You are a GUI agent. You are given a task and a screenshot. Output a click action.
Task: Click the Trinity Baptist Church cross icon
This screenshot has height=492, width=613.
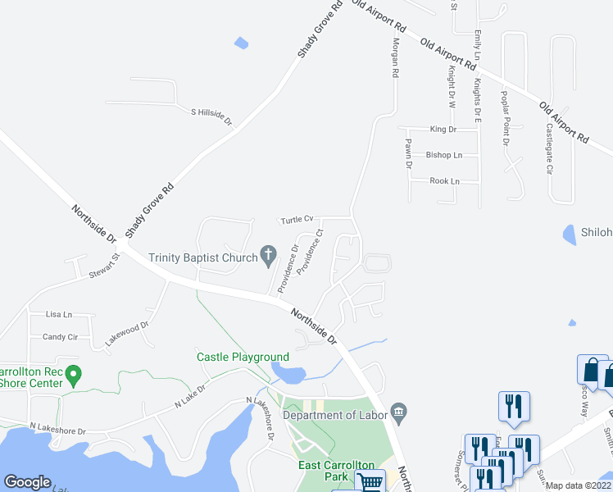[x=268, y=257]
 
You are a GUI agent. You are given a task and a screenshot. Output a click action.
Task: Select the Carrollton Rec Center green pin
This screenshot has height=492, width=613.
[x=74, y=376]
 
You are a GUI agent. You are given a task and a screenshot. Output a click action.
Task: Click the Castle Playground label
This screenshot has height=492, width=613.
[x=243, y=357]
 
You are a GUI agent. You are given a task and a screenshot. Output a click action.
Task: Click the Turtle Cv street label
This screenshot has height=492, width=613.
[x=297, y=220]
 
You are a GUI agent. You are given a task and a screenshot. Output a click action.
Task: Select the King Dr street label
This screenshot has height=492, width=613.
[x=443, y=130]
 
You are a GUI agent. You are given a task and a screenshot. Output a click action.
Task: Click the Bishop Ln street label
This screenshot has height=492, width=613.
[x=443, y=155]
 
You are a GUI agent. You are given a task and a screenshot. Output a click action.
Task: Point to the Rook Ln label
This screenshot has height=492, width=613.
[x=444, y=181]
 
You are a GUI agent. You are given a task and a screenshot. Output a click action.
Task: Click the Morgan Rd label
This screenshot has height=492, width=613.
[x=395, y=58]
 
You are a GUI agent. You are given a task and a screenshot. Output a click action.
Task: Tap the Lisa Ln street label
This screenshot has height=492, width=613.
[x=59, y=314]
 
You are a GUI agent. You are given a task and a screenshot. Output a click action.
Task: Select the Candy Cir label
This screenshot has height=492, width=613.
[x=60, y=337]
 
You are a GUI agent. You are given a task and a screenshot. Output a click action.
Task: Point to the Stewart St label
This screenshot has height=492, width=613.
[x=105, y=267]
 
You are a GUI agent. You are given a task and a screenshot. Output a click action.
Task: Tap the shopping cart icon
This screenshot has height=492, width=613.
[x=370, y=483]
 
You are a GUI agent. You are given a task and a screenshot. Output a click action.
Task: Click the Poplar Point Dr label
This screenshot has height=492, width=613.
[x=505, y=120]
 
